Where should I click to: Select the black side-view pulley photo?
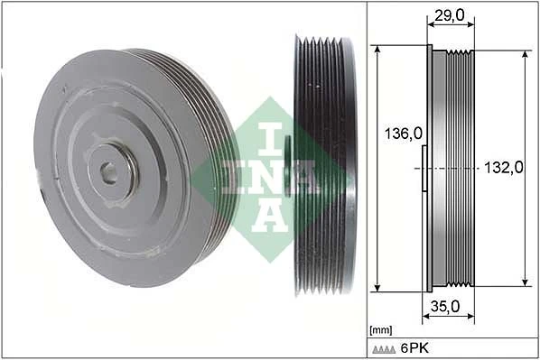point(323,166)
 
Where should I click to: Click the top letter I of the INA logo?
point(272,134)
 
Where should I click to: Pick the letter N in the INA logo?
point(272,176)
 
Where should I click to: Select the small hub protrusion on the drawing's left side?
point(424,168)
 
